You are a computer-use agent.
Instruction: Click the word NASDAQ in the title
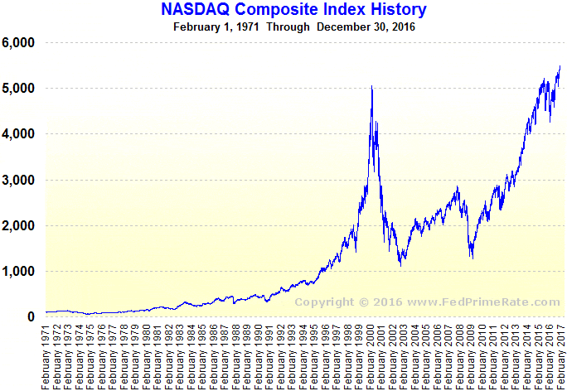click(195, 9)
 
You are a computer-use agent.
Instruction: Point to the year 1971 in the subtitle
click(248, 27)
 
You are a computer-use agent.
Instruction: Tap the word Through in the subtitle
click(288, 27)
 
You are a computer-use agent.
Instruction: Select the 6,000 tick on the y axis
click(18, 42)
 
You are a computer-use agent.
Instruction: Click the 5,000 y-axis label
click(18, 89)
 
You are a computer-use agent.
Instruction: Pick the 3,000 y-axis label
click(18, 180)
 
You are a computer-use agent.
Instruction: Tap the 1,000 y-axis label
click(18, 272)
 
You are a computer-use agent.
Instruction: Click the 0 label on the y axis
click(31, 316)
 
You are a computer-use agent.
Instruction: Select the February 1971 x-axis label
click(46, 357)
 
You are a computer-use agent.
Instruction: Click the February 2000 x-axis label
click(370, 357)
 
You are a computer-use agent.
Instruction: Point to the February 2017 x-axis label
click(560, 357)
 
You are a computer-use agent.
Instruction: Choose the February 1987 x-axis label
click(225, 357)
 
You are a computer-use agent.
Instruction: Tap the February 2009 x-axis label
click(471, 357)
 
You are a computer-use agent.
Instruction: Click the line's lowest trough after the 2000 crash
click(400, 266)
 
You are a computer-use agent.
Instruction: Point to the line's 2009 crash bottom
click(472, 258)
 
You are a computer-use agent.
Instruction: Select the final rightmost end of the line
click(560, 66)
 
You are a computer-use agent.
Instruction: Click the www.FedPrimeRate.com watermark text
click(483, 302)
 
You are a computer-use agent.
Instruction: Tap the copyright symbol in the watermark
click(364, 302)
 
